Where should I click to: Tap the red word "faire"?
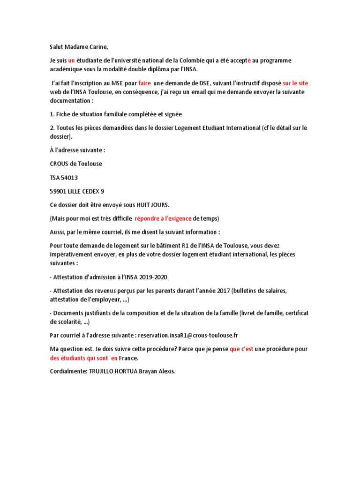(x=145, y=83)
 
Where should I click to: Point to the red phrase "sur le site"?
(x=295, y=83)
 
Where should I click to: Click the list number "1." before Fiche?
(x=52, y=114)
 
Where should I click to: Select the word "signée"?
(x=172, y=114)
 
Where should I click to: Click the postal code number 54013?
(x=70, y=178)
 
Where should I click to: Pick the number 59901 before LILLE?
(x=59, y=191)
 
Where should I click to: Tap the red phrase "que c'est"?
(x=241, y=349)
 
